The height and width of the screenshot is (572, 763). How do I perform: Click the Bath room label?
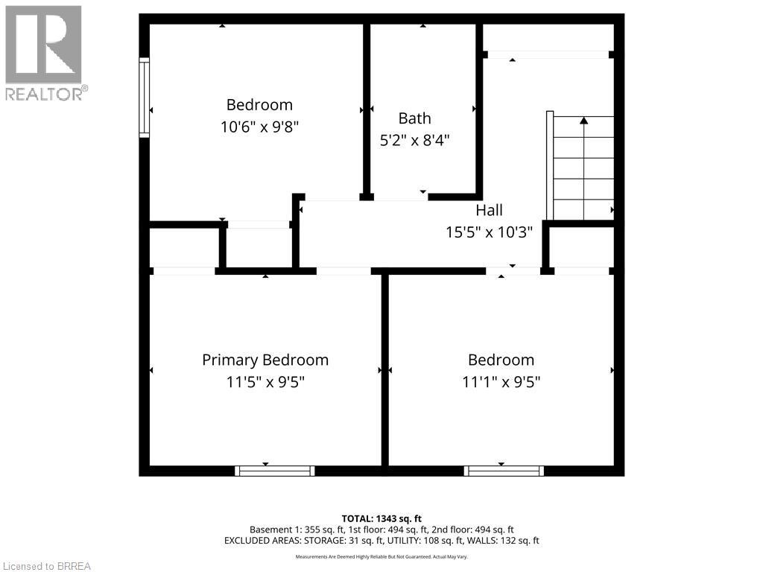414,118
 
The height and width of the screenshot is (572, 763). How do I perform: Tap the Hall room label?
489,210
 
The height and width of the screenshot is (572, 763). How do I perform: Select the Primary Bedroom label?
265,360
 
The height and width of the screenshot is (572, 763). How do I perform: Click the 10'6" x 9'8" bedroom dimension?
260,127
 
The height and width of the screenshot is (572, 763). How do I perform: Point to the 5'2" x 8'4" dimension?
414,139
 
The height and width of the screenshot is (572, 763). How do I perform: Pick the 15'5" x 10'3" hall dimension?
489,232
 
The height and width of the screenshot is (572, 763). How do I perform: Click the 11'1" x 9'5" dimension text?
501,382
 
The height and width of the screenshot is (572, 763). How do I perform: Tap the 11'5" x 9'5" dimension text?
265,382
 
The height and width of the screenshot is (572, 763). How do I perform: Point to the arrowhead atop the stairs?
583,119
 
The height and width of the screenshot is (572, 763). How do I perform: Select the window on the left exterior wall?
144,97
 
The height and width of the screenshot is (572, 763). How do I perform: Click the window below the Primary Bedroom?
274,471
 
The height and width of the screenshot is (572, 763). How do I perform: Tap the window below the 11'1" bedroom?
504,471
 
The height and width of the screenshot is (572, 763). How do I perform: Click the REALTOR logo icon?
43,45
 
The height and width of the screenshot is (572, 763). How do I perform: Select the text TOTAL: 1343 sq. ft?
381,518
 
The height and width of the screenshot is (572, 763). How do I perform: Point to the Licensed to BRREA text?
46,566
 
